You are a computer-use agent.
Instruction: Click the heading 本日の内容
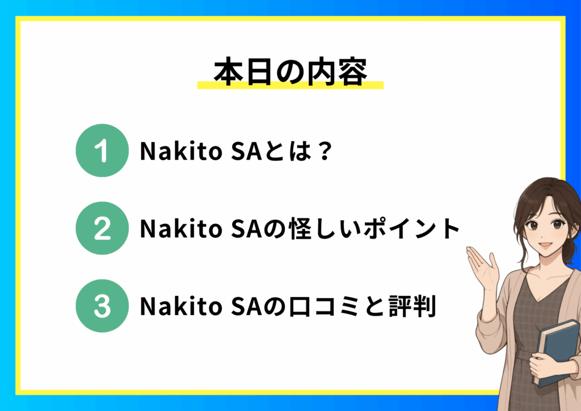point(290,72)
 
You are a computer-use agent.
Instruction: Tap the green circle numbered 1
point(102,150)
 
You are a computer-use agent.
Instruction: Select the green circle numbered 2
point(102,228)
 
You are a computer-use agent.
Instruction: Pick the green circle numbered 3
point(102,306)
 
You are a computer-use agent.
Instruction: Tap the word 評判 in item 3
point(412,306)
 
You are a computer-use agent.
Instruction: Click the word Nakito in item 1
point(181,151)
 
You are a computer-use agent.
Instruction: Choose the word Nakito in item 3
point(181,306)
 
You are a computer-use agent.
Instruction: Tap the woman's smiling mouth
point(545,245)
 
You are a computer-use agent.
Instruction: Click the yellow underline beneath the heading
point(290,85)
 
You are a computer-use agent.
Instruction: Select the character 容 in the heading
point(352,72)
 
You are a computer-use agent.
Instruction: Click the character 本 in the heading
point(229,72)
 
